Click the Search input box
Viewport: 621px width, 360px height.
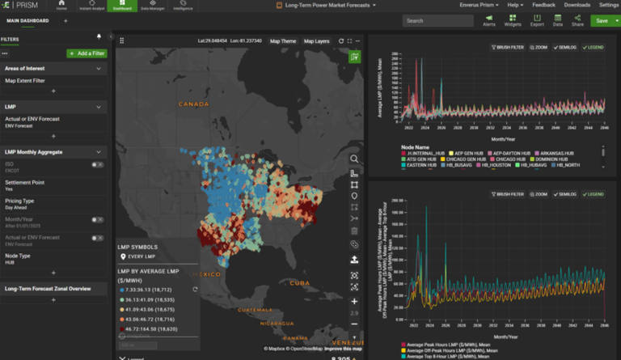click(x=437, y=21)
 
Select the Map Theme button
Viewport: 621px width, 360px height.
click(x=283, y=40)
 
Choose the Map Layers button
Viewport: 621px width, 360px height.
click(x=317, y=40)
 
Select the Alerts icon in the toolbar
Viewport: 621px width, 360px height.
click(x=489, y=21)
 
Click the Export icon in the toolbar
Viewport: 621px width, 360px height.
click(x=537, y=21)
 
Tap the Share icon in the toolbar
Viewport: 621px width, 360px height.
click(x=577, y=21)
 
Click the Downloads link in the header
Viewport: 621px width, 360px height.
click(x=577, y=5)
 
